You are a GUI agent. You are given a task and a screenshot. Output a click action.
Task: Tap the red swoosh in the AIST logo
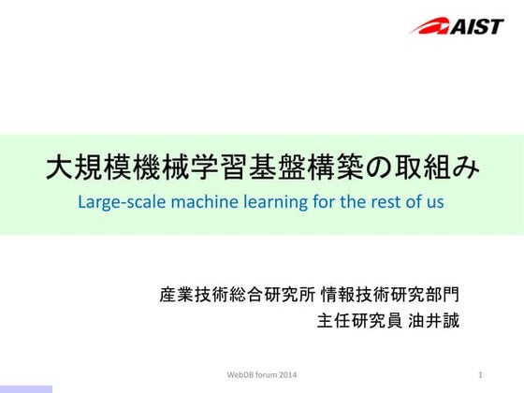click(x=429, y=25)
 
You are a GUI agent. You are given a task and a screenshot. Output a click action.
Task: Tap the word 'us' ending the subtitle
click(x=432, y=202)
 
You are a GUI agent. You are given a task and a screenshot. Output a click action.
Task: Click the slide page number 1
click(x=479, y=375)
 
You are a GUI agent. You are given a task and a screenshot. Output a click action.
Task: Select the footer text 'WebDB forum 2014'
click(x=261, y=375)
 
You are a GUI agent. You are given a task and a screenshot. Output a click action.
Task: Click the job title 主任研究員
click(x=358, y=321)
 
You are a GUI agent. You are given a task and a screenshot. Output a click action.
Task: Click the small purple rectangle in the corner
click(x=26, y=388)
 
